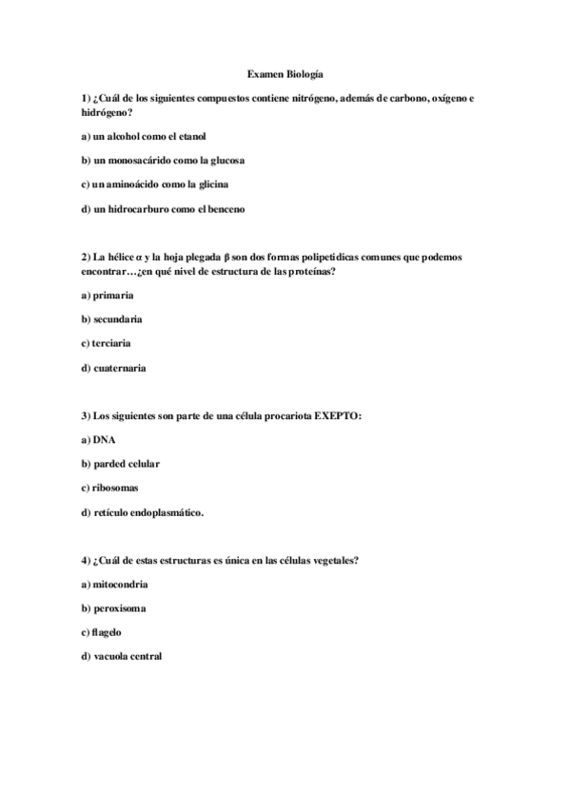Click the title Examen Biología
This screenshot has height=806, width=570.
(x=285, y=73)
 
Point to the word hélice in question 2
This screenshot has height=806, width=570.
(x=117, y=258)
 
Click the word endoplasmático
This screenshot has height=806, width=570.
(x=166, y=512)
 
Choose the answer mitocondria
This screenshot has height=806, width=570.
(x=121, y=584)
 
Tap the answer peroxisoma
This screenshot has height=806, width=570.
(x=119, y=607)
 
